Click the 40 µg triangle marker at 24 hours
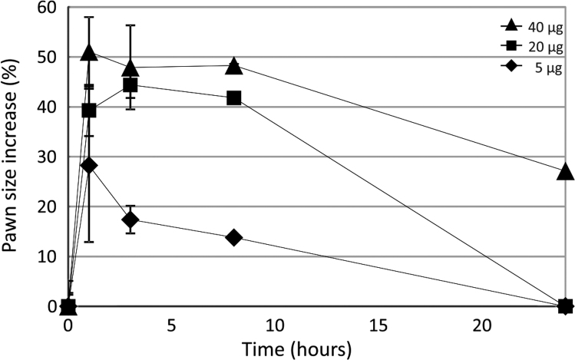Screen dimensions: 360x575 point(566,172)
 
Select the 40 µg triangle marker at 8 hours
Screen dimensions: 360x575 point(234,66)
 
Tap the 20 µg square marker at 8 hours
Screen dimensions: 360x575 point(234,97)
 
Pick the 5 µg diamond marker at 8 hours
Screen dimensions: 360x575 point(234,237)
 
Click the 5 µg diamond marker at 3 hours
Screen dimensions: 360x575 point(131,220)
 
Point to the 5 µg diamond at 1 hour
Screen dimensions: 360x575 point(89,165)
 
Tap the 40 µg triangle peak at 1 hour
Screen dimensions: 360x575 point(89,52)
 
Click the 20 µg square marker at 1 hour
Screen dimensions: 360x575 point(89,110)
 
